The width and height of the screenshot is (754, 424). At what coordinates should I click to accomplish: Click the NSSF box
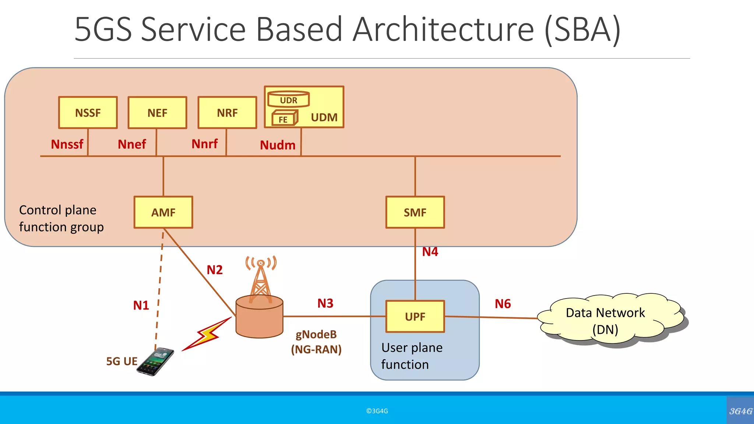(x=88, y=113)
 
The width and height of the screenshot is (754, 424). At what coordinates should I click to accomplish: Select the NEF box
(x=157, y=113)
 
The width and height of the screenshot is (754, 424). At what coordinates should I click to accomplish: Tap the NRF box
(x=227, y=113)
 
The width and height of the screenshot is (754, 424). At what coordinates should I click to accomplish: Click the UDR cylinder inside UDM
(x=288, y=100)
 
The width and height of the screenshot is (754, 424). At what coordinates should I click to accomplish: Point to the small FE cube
(x=284, y=119)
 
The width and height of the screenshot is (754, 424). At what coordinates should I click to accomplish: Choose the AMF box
(x=163, y=212)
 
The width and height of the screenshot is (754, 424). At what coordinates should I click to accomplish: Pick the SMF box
(x=415, y=212)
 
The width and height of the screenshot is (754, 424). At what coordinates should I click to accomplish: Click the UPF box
(x=415, y=317)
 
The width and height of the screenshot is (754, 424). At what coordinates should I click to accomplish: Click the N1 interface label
(x=141, y=305)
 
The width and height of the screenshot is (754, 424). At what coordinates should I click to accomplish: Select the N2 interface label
(x=215, y=270)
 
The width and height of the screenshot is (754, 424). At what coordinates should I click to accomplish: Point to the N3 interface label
(x=325, y=303)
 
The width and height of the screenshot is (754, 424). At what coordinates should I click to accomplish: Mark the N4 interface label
(x=430, y=252)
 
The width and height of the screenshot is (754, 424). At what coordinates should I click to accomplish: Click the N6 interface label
(x=503, y=304)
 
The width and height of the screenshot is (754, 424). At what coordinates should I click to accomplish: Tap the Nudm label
(x=278, y=145)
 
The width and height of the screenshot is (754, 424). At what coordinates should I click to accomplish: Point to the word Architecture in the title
(x=443, y=29)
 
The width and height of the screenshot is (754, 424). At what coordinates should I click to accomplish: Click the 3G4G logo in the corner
(x=740, y=411)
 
